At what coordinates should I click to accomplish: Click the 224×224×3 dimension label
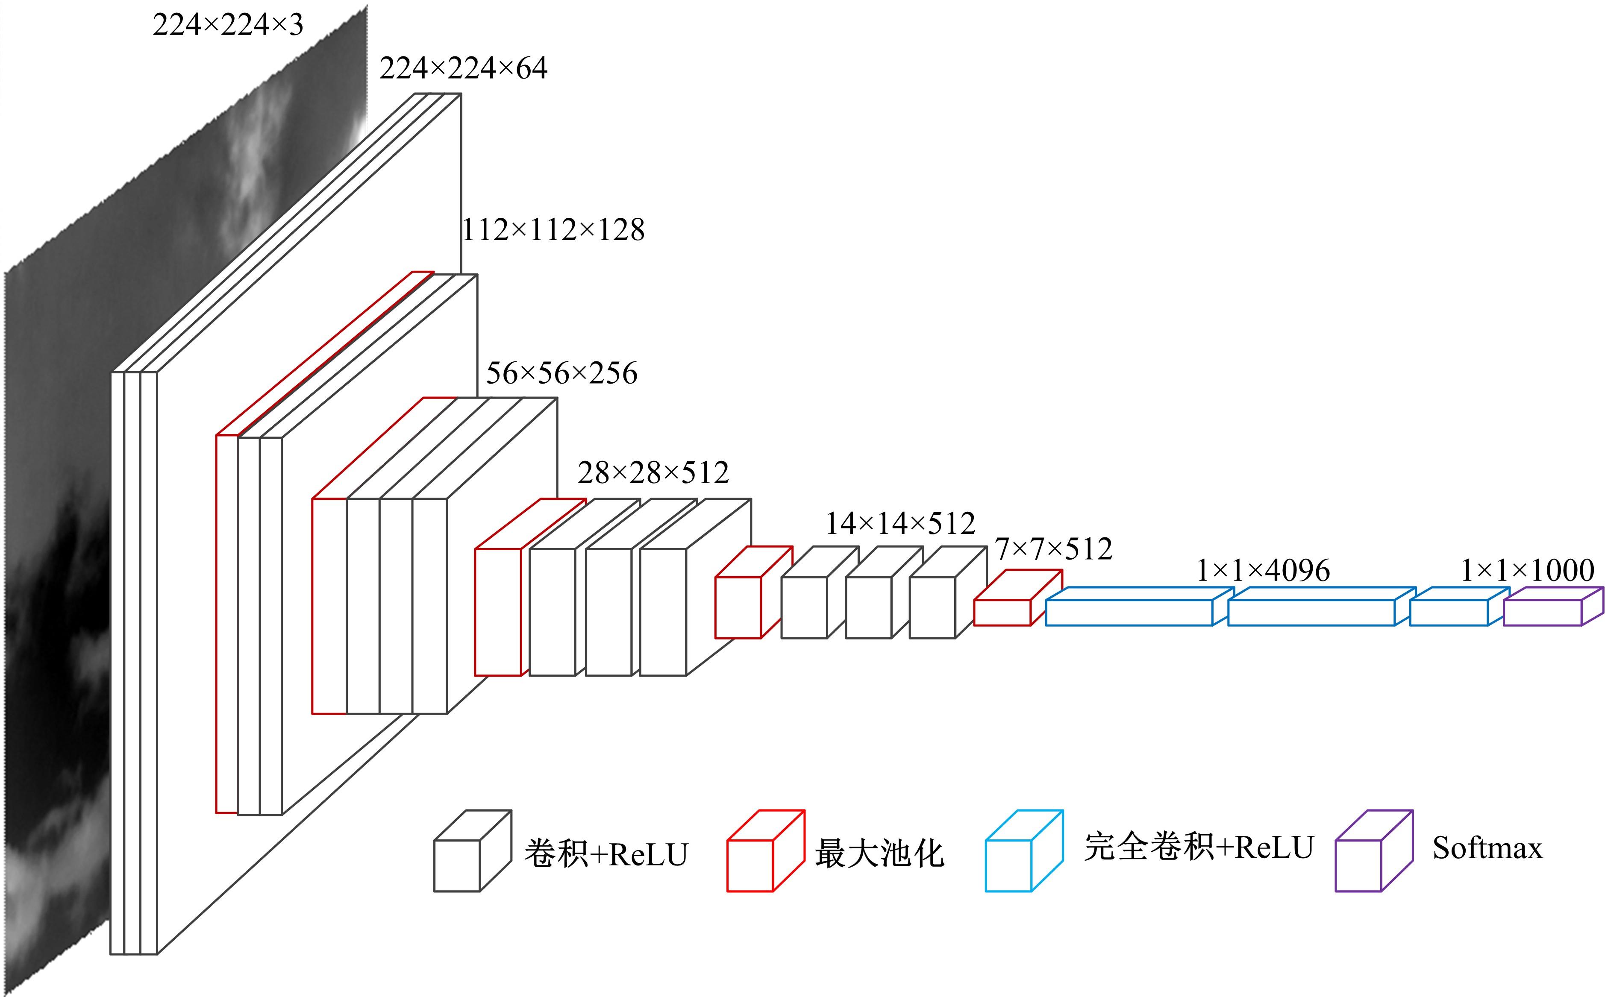click(228, 25)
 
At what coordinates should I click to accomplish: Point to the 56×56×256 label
click(561, 373)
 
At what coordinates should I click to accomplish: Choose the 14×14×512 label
click(900, 524)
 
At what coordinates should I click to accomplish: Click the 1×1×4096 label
click(1263, 570)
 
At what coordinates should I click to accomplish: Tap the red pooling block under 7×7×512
click(1003, 612)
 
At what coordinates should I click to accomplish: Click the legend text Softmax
click(1487, 848)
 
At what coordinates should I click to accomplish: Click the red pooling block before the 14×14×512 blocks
click(739, 607)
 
